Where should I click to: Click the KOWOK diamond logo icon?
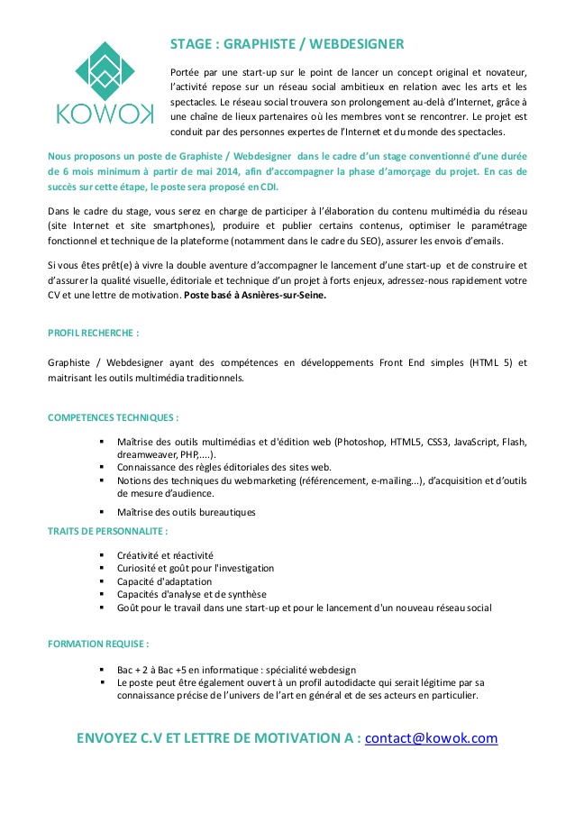tap(105, 69)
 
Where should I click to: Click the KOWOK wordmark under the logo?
tap(105, 114)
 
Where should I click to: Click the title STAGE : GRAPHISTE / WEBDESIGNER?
tap(287, 44)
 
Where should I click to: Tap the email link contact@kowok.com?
tap(431, 738)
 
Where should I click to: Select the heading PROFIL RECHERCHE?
tap(93, 333)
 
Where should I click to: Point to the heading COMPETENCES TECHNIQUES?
tap(113, 417)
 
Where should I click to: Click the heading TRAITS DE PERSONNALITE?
tap(107, 530)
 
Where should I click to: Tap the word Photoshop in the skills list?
tap(361, 442)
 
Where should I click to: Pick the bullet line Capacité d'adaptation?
tap(164, 581)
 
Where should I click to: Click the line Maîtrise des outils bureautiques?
tap(187, 512)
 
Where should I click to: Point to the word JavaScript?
tap(477, 442)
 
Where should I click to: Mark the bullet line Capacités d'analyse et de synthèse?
tap(191, 594)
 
